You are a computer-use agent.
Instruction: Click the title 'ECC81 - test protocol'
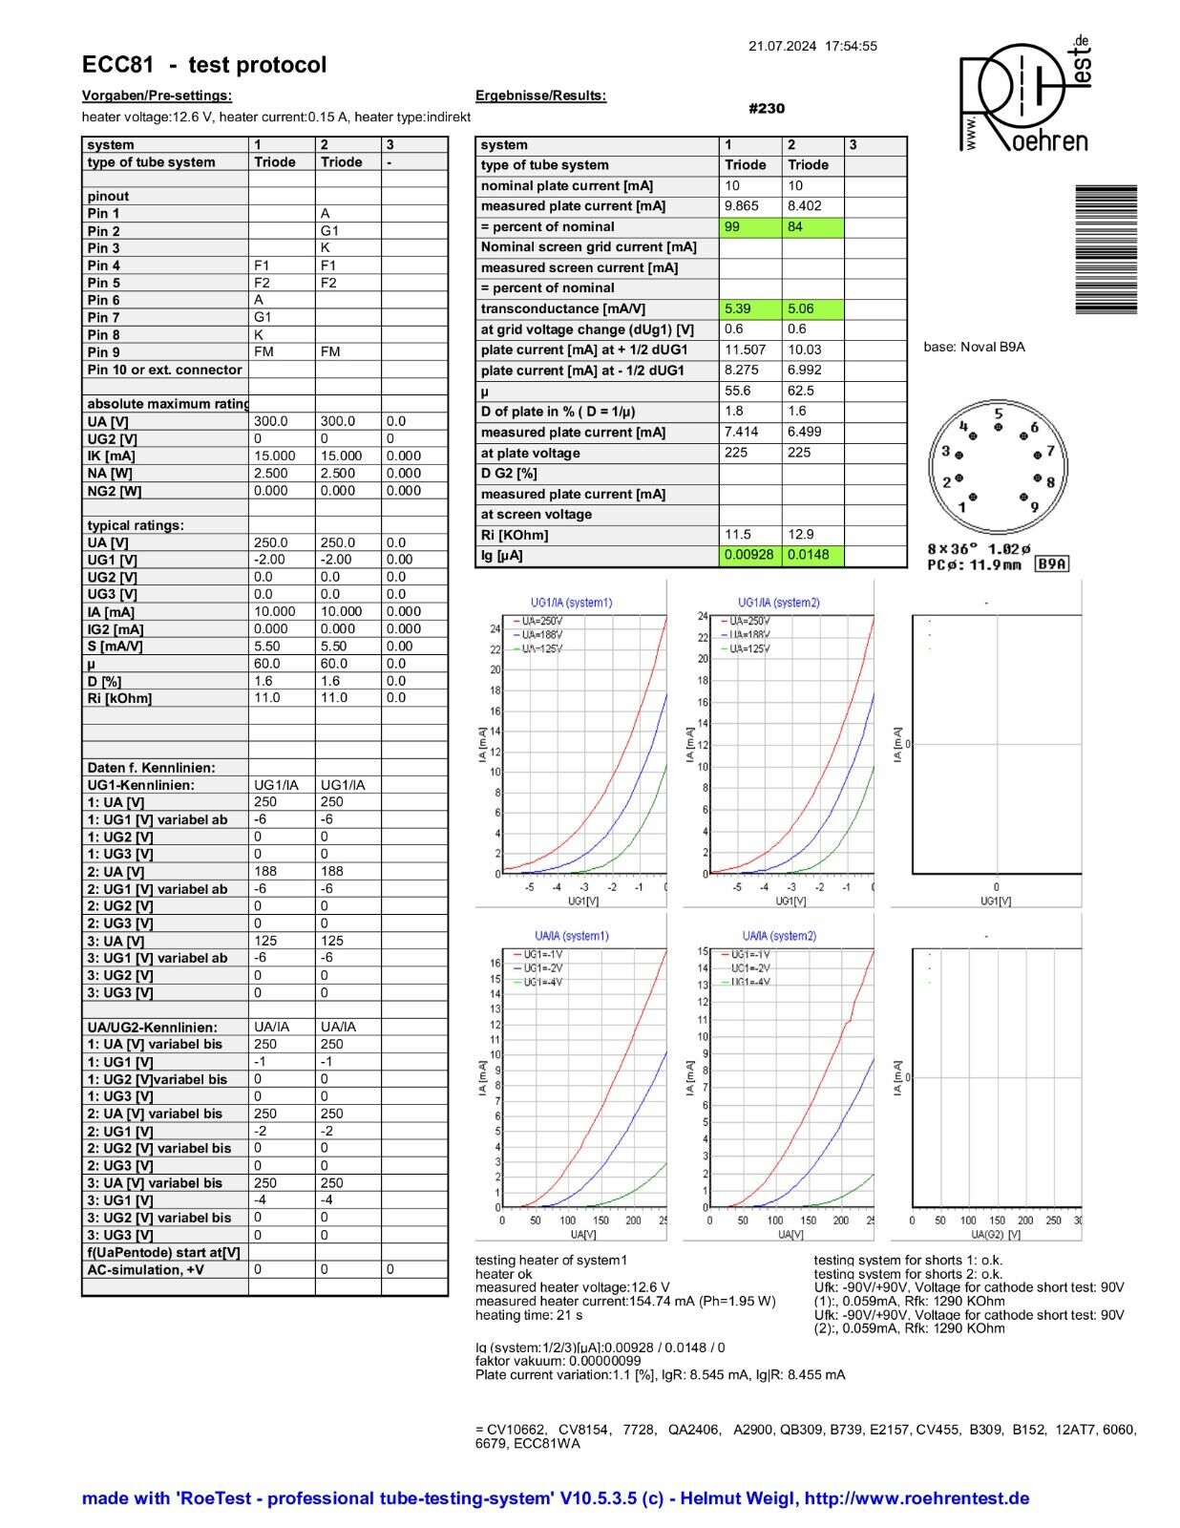[204, 65]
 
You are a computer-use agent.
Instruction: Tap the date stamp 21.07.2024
[782, 46]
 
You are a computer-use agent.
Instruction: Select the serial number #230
[767, 109]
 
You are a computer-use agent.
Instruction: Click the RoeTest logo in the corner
[1023, 95]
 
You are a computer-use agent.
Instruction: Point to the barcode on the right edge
[1106, 249]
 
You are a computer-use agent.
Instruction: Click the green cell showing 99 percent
[750, 227]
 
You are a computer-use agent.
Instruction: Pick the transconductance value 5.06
[812, 309]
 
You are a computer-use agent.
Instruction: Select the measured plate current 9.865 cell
[750, 206]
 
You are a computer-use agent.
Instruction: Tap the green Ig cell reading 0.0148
[812, 556]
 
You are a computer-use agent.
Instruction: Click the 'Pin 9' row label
[104, 352]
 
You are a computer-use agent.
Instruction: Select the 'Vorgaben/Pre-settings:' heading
[157, 95]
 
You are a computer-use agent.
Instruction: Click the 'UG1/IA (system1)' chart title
[571, 603]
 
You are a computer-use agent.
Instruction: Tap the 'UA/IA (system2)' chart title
[779, 936]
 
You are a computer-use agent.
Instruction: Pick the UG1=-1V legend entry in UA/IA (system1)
[541, 954]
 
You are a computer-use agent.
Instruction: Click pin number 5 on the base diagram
[999, 414]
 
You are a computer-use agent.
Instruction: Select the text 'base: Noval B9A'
[974, 348]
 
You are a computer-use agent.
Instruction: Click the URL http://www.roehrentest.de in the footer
[917, 1498]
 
